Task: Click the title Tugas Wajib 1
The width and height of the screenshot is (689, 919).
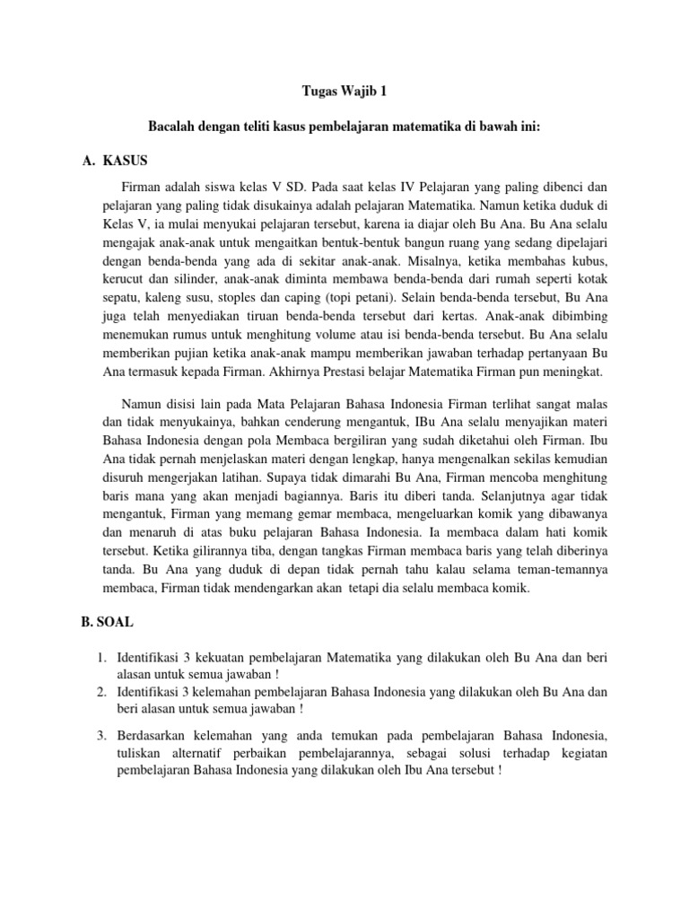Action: point(344,91)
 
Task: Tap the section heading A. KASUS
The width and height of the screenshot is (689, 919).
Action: point(113,161)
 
